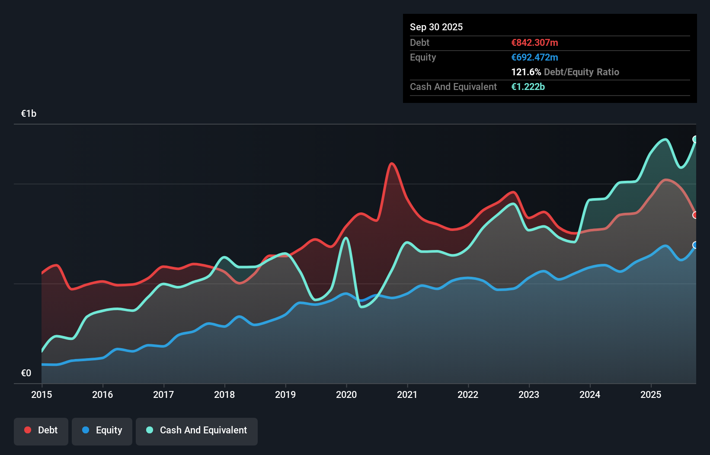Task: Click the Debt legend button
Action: click(x=41, y=431)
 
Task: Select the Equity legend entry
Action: click(x=102, y=431)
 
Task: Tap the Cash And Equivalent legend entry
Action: click(x=197, y=431)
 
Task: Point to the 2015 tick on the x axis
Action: click(x=42, y=394)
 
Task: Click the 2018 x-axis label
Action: click(x=224, y=394)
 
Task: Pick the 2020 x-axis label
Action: click(x=346, y=394)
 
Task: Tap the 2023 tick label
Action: click(x=529, y=394)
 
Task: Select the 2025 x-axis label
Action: click(x=651, y=394)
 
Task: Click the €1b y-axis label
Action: click(x=29, y=114)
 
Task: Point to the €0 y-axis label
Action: click(x=26, y=373)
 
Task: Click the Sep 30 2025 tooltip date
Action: click(x=436, y=27)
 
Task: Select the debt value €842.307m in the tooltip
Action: click(x=534, y=42)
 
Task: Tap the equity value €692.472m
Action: click(x=534, y=57)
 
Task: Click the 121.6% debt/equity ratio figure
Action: click(x=526, y=72)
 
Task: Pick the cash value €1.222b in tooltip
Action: click(x=528, y=87)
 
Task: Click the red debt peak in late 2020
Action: click(x=392, y=163)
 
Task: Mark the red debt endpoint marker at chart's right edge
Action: click(x=695, y=215)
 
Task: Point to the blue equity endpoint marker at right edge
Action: click(x=695, y=245)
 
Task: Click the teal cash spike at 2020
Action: click(x=346, y=238)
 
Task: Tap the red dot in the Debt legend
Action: click(x=28, y=430)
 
